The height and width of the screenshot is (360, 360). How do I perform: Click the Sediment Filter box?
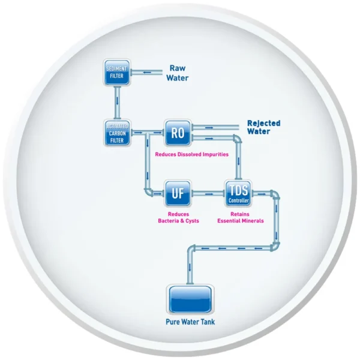click(116, 72)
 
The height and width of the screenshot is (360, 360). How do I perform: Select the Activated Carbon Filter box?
click(116, 133)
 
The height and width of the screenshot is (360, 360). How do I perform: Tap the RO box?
click(178, 133)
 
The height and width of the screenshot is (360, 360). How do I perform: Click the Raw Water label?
click(178, 73)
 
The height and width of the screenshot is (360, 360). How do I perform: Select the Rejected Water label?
click(263, 128)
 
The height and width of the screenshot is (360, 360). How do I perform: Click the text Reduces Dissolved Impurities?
click(191, 154)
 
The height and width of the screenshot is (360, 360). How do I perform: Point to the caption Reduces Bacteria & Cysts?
click(178, 217)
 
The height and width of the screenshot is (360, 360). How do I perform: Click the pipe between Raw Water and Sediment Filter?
click(146, 72)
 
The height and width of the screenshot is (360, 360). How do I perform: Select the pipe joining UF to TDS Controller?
click(208, 193)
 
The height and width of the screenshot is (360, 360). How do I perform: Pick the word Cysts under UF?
click(190, 221)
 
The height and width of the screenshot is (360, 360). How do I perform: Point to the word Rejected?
click(263, 124)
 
